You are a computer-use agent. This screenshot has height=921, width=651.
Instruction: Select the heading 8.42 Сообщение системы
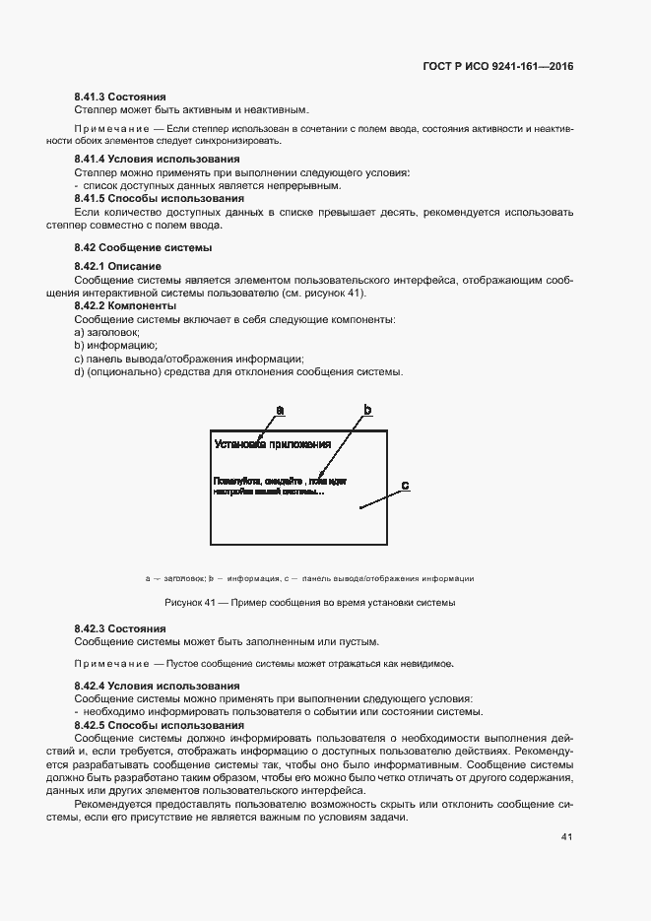143,247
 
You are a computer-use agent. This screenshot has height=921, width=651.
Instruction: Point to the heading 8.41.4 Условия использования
156,160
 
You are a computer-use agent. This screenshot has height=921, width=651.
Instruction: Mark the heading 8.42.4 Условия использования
157,685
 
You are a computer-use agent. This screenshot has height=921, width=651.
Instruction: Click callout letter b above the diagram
367,409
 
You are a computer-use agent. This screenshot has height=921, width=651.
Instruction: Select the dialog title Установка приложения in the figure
272,444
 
